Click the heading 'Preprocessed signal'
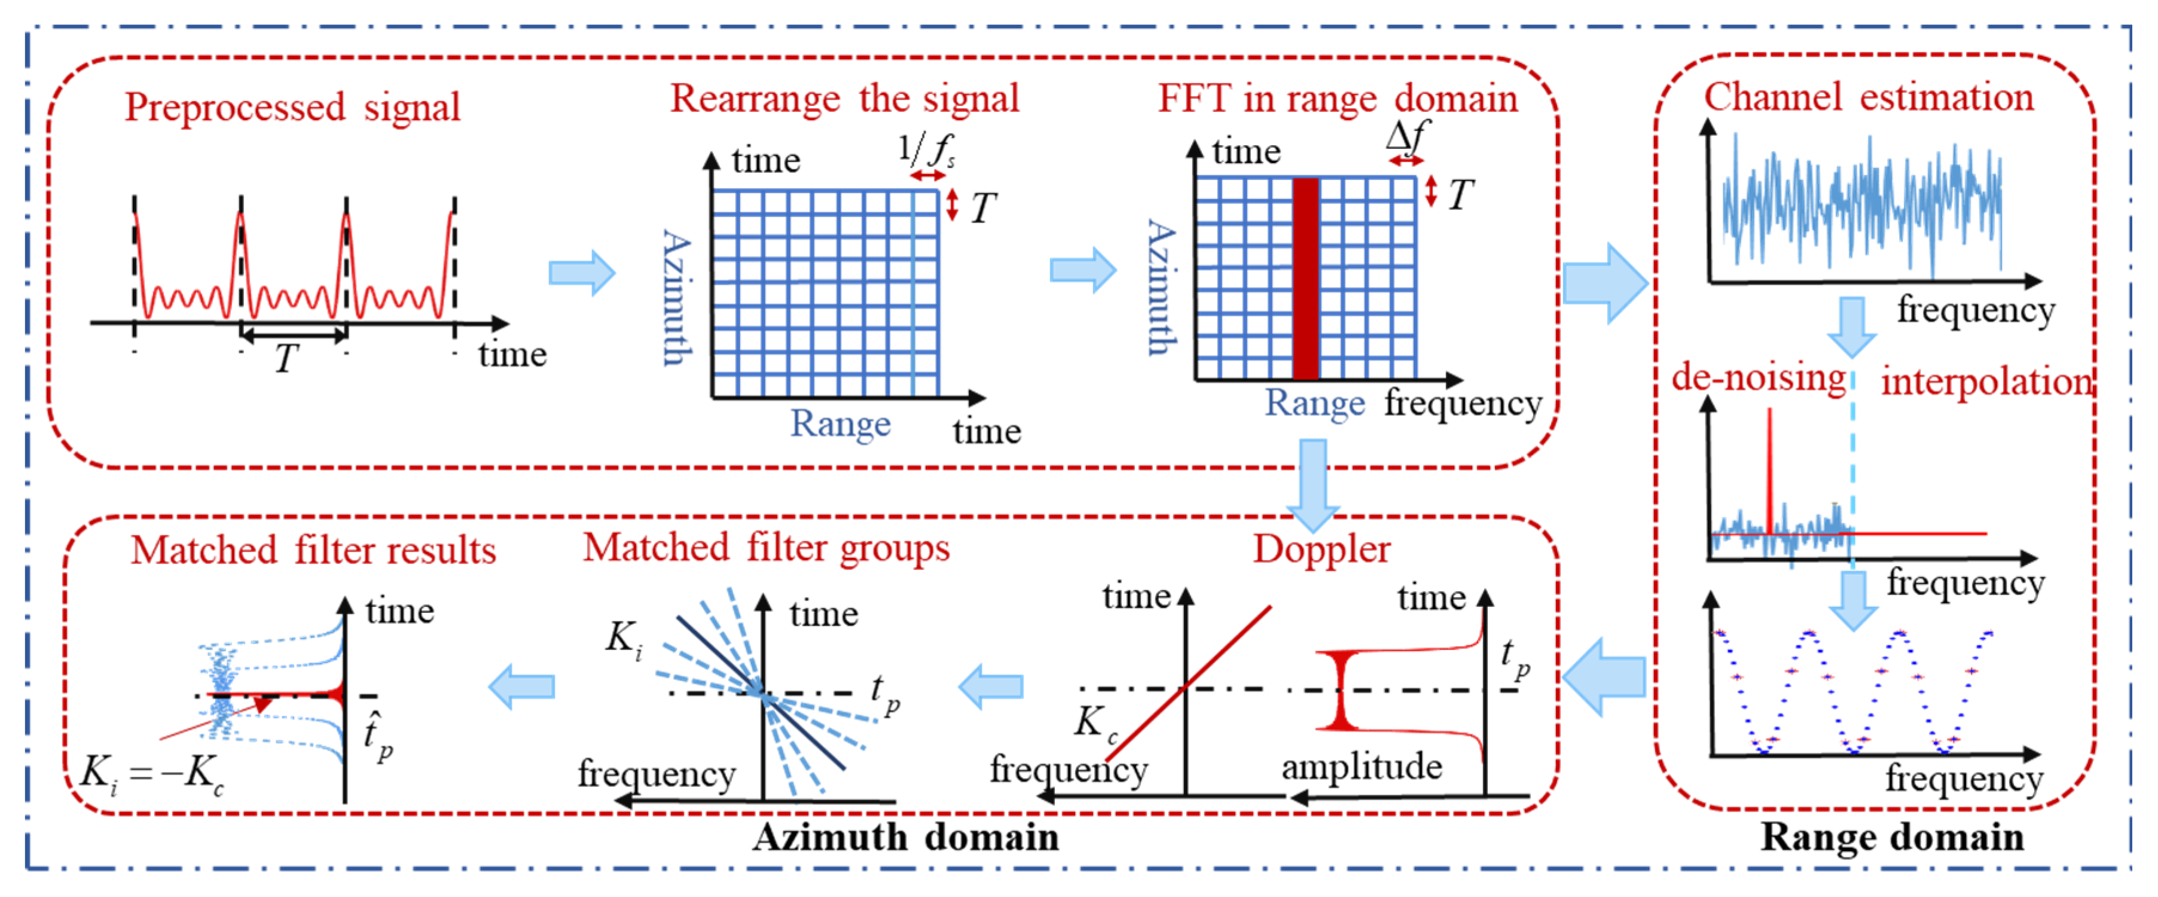(292, 107)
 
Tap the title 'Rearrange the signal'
(844, 99)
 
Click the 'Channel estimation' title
(1868, 97)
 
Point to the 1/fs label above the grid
(926, 151)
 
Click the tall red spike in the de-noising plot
(1769, 469)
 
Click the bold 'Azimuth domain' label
(905, 837)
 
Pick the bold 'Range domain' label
(1891, 837)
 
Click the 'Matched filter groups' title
(766, 548)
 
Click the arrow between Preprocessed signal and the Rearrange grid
(582, 272)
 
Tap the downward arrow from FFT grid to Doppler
(1312, 486)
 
